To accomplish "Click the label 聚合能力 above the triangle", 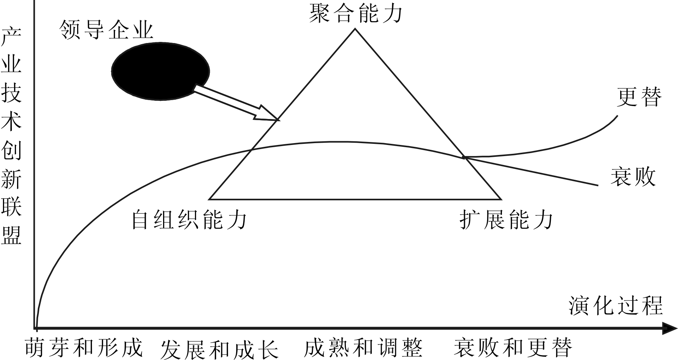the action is tap(355, 14).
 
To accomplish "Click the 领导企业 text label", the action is tap(106, 29).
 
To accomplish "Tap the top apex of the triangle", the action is tap(355, 29).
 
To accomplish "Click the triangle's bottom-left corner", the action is tap(210, 199).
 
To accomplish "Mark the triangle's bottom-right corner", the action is tap(501, 199).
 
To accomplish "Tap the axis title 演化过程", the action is tap(616, 305).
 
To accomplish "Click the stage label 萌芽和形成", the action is tap(84, 347).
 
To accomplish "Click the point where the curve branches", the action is tap(464, 158).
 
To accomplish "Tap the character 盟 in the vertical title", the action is tap(11, 234).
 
